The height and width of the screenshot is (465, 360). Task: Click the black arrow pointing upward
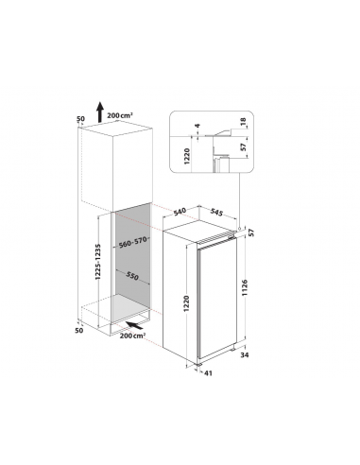[100, 112]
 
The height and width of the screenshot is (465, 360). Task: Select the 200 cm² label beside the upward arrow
[120, 115]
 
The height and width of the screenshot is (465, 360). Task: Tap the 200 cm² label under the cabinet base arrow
[132, 336]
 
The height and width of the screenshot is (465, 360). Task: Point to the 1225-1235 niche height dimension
[98, 262]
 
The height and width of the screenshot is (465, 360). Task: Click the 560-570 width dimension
[133, 242]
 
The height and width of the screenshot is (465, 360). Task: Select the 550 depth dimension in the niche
[132, 276]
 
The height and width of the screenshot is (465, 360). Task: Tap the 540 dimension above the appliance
[180, 212]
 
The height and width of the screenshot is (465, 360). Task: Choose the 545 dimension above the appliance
[216, 213]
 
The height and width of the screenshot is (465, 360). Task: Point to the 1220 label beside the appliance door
[187, 303]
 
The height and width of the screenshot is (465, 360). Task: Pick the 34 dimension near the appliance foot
[245, 355]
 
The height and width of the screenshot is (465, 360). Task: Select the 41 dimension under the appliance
[208, 373]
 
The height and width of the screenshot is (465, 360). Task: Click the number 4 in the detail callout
[197, 126]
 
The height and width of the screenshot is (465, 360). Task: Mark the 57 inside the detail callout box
[243, 147]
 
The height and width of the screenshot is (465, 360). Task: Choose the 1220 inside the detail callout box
[187, 156]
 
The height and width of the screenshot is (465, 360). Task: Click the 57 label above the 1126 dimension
[251, 232]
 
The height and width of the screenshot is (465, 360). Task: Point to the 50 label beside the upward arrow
[81, 119]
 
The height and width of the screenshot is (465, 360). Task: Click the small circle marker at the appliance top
[240, 228]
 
